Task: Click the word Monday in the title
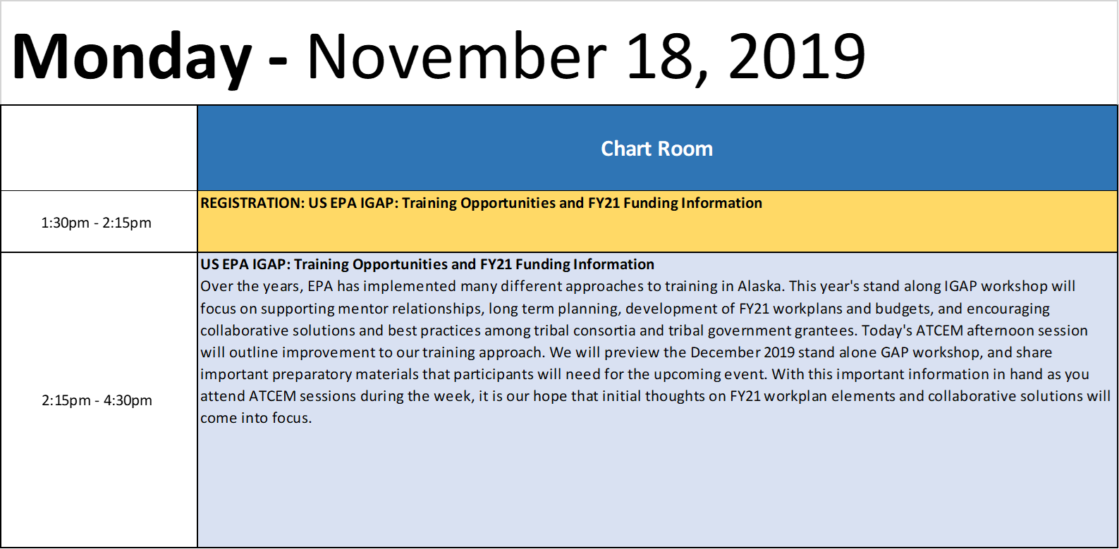132,57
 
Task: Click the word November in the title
457,56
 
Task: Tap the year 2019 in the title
797,56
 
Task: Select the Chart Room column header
657,149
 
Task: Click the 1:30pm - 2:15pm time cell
97,223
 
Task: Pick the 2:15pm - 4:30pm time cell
97,400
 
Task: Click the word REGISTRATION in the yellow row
252,203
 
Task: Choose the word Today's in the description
887,331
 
